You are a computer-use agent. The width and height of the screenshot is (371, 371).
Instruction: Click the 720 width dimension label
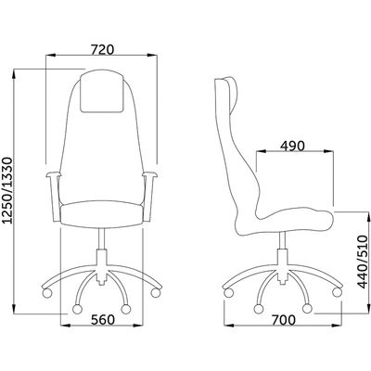pyautogui.click(x=103, y=49)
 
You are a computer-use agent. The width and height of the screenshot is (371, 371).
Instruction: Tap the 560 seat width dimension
pyautogui.click(x=103, y=320)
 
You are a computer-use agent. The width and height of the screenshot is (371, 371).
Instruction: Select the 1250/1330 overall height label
pyautogui.click(x=7, y=190)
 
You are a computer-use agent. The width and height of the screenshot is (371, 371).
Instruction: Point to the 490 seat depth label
pyautogui.click(x=292, y=146)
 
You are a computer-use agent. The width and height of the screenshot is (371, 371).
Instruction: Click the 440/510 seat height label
pyautogui.click(x=363, y=262)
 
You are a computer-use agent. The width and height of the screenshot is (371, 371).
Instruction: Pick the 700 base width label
pyautogui.click(x=284, y=320)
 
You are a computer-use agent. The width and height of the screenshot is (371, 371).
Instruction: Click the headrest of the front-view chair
pyautogui.click(x=102, y=91)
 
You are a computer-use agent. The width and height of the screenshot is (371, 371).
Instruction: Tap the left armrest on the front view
pyautogui.click(x=54, y=197)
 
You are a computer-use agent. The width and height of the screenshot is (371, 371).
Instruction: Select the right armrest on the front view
pyautogui.click(x=149, y=197)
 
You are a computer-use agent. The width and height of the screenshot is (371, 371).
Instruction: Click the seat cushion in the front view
pyautogui.click(x=102, y=213)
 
